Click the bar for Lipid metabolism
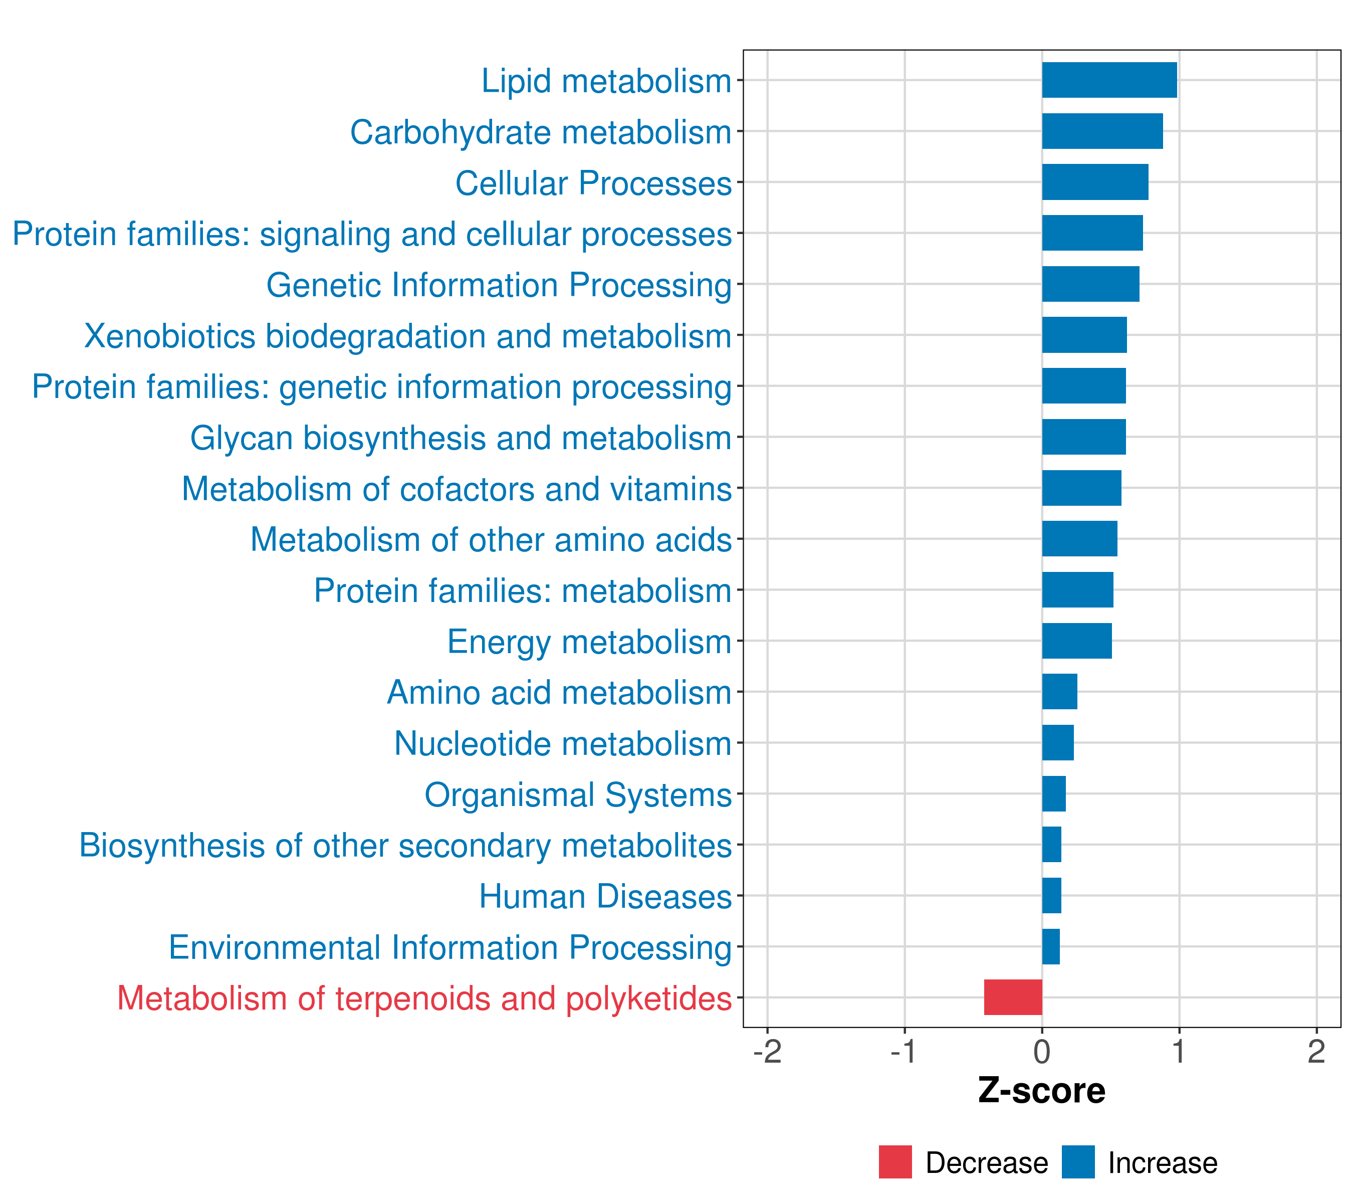tap(1109, 80)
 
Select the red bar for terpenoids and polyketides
tap(1013, 997)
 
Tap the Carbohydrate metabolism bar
tap(1102, 131)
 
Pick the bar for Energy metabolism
tap(1077, 641)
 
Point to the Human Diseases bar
tap(1052, 896)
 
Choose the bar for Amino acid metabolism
tap(1060, 692)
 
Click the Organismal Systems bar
tap(1054, 794)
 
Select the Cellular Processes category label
tap(593, 183)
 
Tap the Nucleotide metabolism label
tap(563, 743)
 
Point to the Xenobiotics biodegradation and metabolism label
tap(408, 336)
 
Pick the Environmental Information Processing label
tap(450, 948)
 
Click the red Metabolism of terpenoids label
tap(424, 998)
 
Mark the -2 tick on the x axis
tap(767, 1052)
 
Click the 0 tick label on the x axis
tap(1042, 1052)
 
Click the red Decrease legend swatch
tap(895, 1162)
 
